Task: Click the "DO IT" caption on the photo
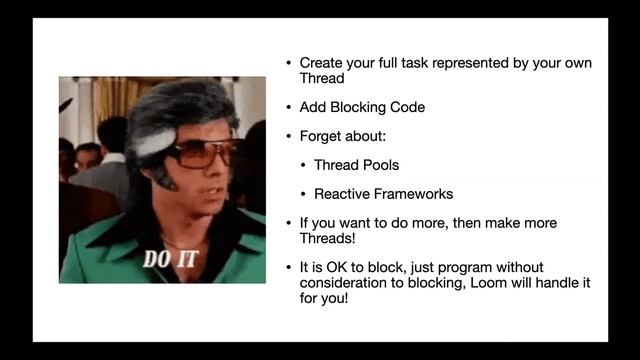pyautogui.click(x=171, y=260)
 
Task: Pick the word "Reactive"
pyautogui.click(x=342, y=194)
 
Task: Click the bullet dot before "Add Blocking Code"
pyautogui.click(x=289, y=107)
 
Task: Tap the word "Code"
pyautogui.click(x=406, y=107)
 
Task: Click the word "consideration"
pyautogui.click(x=343, y=284)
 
